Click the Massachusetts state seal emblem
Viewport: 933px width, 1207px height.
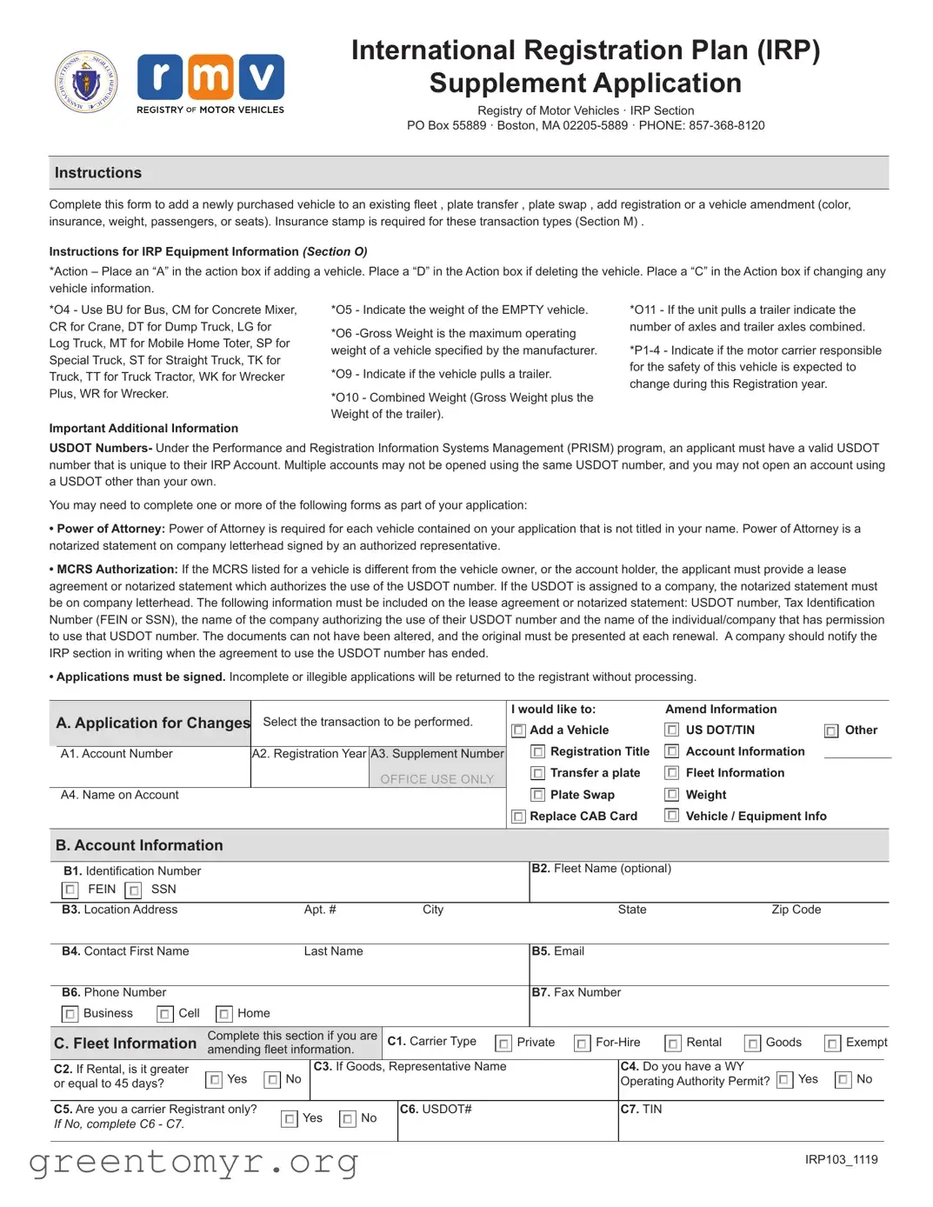click(x=85, y=82)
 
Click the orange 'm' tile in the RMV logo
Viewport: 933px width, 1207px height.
click(x=210, y=77)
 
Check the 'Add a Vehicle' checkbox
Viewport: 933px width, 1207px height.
click(x=518, y=730)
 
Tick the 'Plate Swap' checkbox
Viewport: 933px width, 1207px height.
click(x=538, y=795)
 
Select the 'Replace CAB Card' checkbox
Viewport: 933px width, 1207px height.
click(x=518, y=817)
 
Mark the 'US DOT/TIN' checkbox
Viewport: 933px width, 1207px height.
click(x=671, y=730)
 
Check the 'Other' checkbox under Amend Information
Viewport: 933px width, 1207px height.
click(x=831, y=731)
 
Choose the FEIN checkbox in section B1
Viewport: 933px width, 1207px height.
click(x=70, y=890)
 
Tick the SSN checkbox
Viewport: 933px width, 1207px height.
click(x=133, y=890)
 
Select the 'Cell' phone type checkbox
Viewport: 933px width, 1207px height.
click(x=164, y=1014)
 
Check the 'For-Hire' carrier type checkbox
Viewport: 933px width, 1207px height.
click(x=582, y=1043)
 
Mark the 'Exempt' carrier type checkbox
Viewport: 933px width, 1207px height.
click(x=832, y=1043)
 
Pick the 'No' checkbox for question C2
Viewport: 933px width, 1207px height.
click(x=272, y=1080)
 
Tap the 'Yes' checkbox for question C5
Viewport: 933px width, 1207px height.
click(x=290, y=1119)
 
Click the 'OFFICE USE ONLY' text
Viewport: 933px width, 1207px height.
click(x=437, y=779)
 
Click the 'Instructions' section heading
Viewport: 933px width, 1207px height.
click(x=98, y=173)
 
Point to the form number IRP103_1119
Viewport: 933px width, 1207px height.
click(x=841, y=1159)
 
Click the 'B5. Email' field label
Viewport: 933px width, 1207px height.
click(x=557, y=951)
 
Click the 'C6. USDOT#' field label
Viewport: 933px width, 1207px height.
click(x=436, y=1109)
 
